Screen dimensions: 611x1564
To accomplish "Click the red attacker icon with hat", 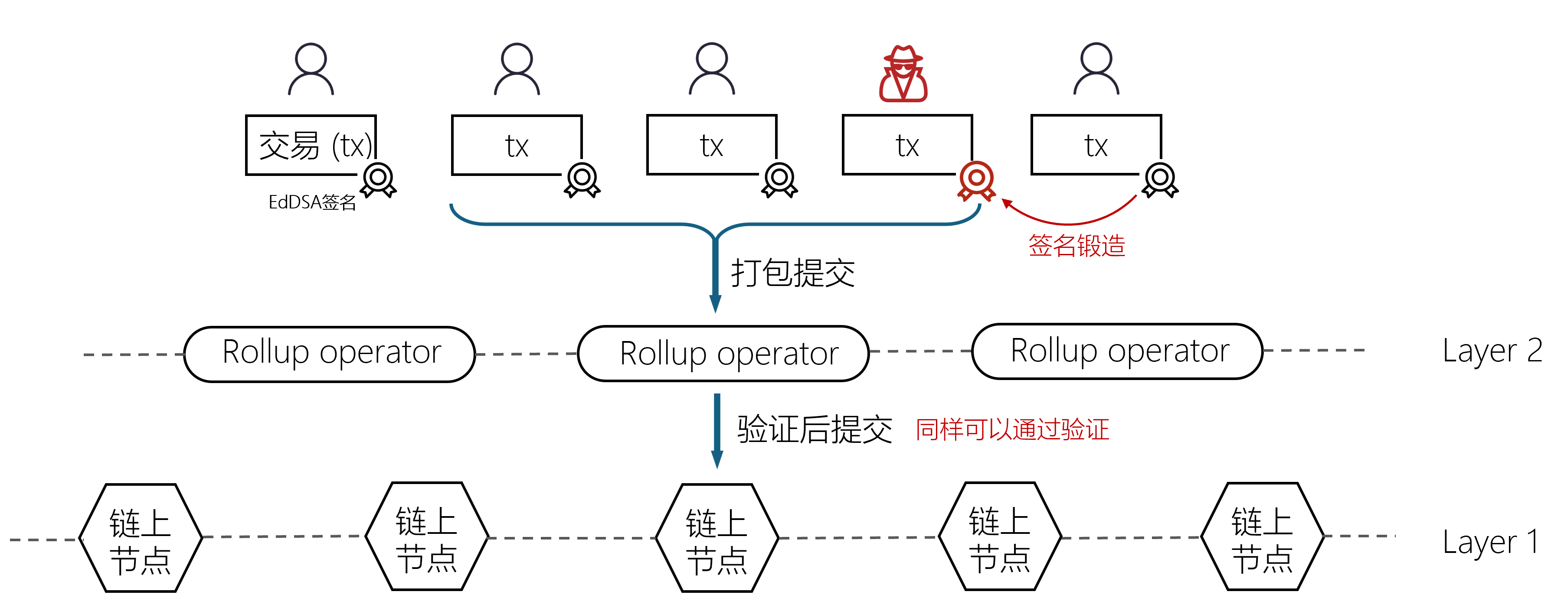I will (x=903, y=74).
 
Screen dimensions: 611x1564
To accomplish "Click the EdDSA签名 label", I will (x=312, y=202).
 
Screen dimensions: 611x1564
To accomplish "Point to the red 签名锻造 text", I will (x=1076, y=246).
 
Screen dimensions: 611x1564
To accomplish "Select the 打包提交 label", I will (x=793, y=273).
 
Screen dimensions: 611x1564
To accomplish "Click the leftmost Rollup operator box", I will (x=330, y=354).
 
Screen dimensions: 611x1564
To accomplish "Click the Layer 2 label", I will (x=1492, y=351).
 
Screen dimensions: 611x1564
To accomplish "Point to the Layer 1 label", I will (x=1491, y=542).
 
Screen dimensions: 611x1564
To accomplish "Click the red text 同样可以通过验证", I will (x=1012, y=429).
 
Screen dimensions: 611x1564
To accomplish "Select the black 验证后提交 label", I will (x=814, y=429).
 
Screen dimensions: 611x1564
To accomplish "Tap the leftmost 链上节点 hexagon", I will (x=141, y=538).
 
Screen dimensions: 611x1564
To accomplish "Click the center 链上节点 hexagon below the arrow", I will (x=717, y=538).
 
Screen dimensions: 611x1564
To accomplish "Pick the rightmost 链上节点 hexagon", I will (x=1262, y=537).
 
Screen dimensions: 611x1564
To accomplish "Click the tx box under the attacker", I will (x=907, y=145).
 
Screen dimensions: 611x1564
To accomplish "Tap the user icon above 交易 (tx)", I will (x=311, y=68).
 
